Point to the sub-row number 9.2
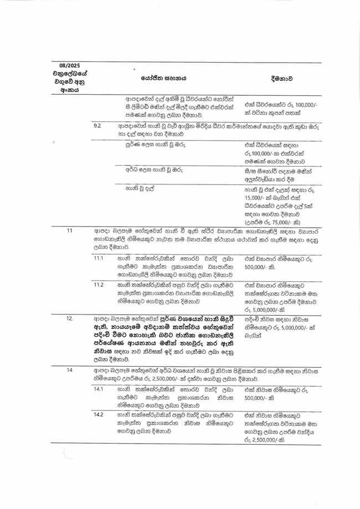97,125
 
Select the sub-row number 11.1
99,258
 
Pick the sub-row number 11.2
99,284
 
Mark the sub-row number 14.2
99,414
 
